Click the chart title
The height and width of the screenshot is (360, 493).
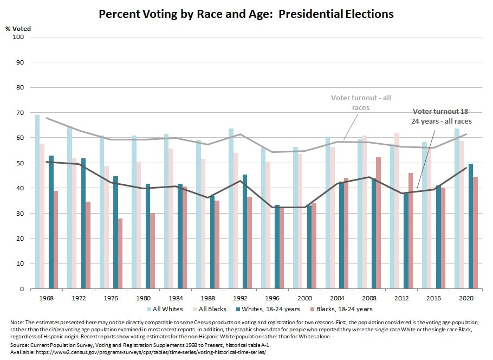(x=246, y=14)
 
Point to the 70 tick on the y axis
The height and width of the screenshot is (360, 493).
(x=20, y=113)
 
